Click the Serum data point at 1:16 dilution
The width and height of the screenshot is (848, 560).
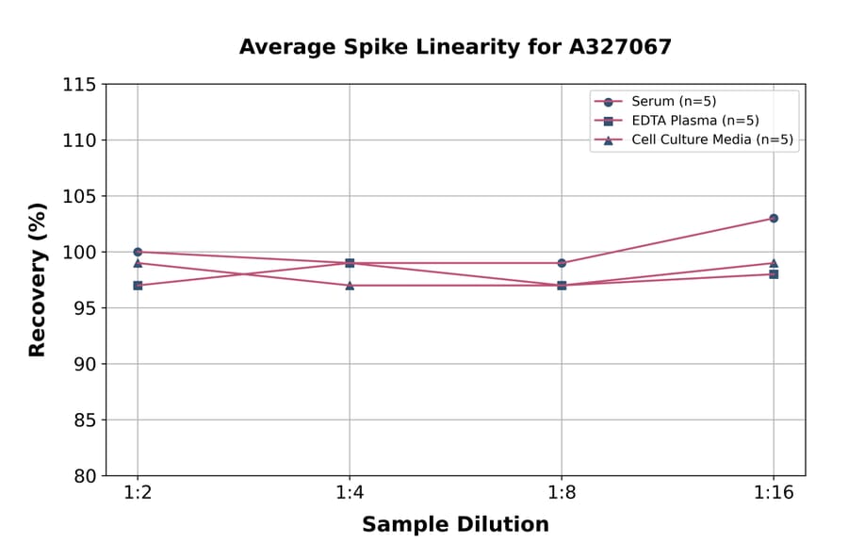(x=774, y=218)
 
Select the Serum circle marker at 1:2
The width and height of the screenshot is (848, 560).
(x=138, y=252)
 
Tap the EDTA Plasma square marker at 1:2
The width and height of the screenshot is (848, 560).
(x=138, y=285)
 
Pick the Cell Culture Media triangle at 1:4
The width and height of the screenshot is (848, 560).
(x=350, y=285)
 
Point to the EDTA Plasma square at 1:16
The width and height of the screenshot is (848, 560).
(x=774, y=273)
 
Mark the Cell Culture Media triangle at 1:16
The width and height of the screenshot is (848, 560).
(x=774, y=263)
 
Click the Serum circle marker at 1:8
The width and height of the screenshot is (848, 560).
(x=562, y=263)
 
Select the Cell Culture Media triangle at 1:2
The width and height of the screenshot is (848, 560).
(x=138, y=263)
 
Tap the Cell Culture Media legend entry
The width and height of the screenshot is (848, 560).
(x=711, y=140)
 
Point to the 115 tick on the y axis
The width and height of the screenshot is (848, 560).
(x=79, y=85)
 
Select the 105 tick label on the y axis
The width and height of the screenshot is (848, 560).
(x=79, y=196)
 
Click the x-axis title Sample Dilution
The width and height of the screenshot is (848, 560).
(x=455, y=525)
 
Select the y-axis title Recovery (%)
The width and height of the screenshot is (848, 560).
(x=37, y=280)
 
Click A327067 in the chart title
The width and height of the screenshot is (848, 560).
(x=619, y=47)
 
